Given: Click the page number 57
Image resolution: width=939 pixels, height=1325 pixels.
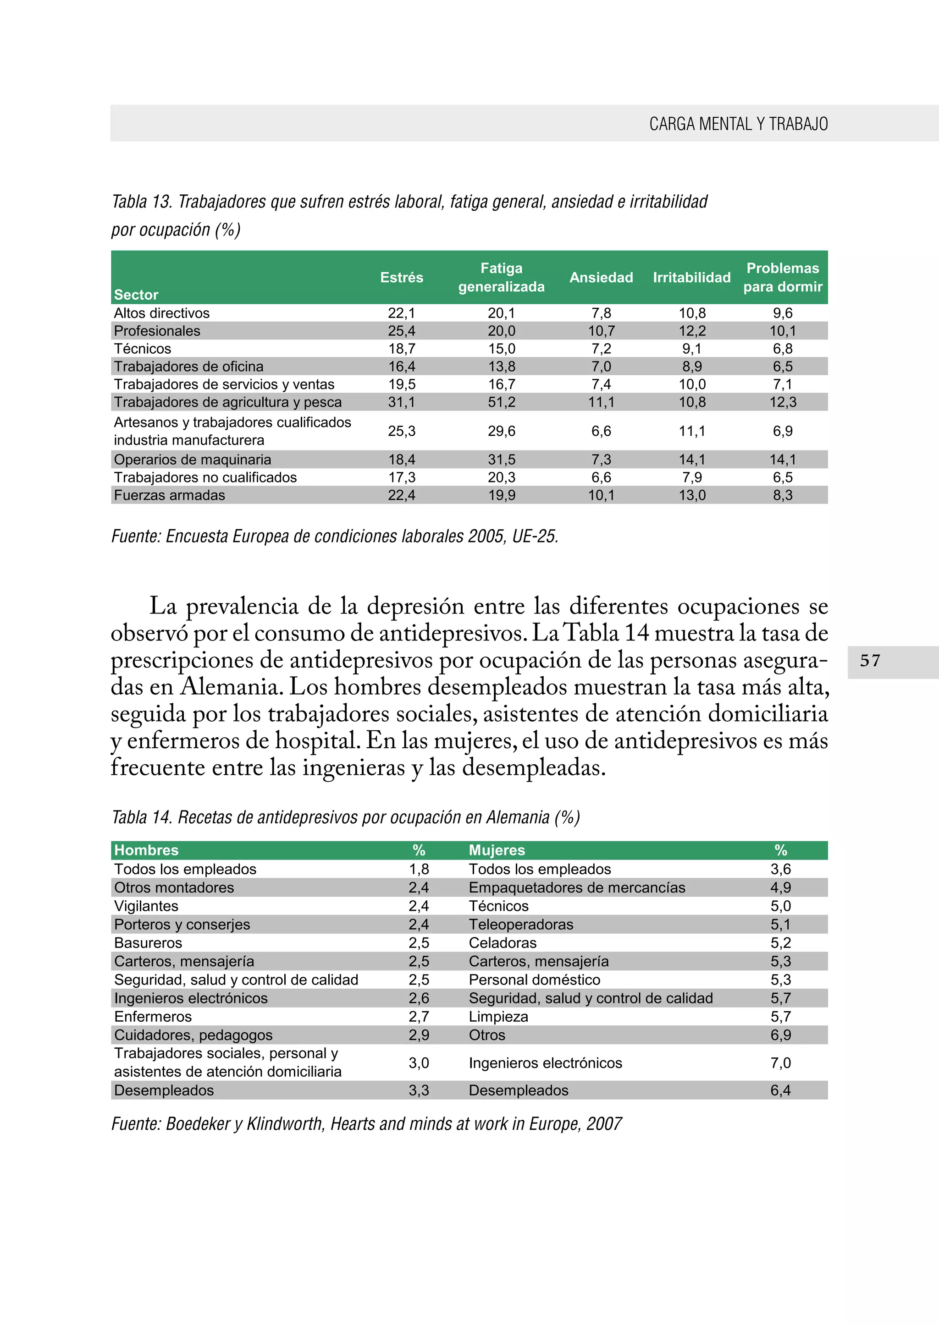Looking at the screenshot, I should pyautogui.click(x=870, y=661).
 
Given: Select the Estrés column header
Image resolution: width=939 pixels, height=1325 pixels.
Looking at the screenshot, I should pyautogui.click(x=401, y=277).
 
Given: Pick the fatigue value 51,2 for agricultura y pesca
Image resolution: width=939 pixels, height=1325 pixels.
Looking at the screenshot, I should pyautogui.click(x=501, y=402).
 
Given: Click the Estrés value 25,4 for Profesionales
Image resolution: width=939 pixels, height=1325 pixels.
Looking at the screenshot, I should pyautogui.click(x=401, y=331).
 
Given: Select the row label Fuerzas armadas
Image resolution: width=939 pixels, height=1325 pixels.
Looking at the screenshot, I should pyautogui.click(x=169, y=495).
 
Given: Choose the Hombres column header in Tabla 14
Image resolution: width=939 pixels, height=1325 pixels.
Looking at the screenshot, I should pyautogui.click(x=146, y=850).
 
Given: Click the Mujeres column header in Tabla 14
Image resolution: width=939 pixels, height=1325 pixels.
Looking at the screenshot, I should pyautogui.click(x=497, y=850).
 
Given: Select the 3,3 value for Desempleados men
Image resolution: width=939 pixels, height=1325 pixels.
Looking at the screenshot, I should pyautogui.click(x=419, y=1090).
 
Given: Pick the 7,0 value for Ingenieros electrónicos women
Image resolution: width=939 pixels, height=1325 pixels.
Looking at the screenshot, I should pyautogui.click(x=780, y=1062).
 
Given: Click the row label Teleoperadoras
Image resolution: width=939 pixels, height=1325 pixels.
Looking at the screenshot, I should pyautogui.click(x=520, y=925).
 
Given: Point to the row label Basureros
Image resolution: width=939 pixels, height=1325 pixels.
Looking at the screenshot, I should pyautogui.click(x=148, y=943).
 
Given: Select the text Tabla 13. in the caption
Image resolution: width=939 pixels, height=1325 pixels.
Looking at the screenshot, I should pyautogui.click(x=142, y=202).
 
